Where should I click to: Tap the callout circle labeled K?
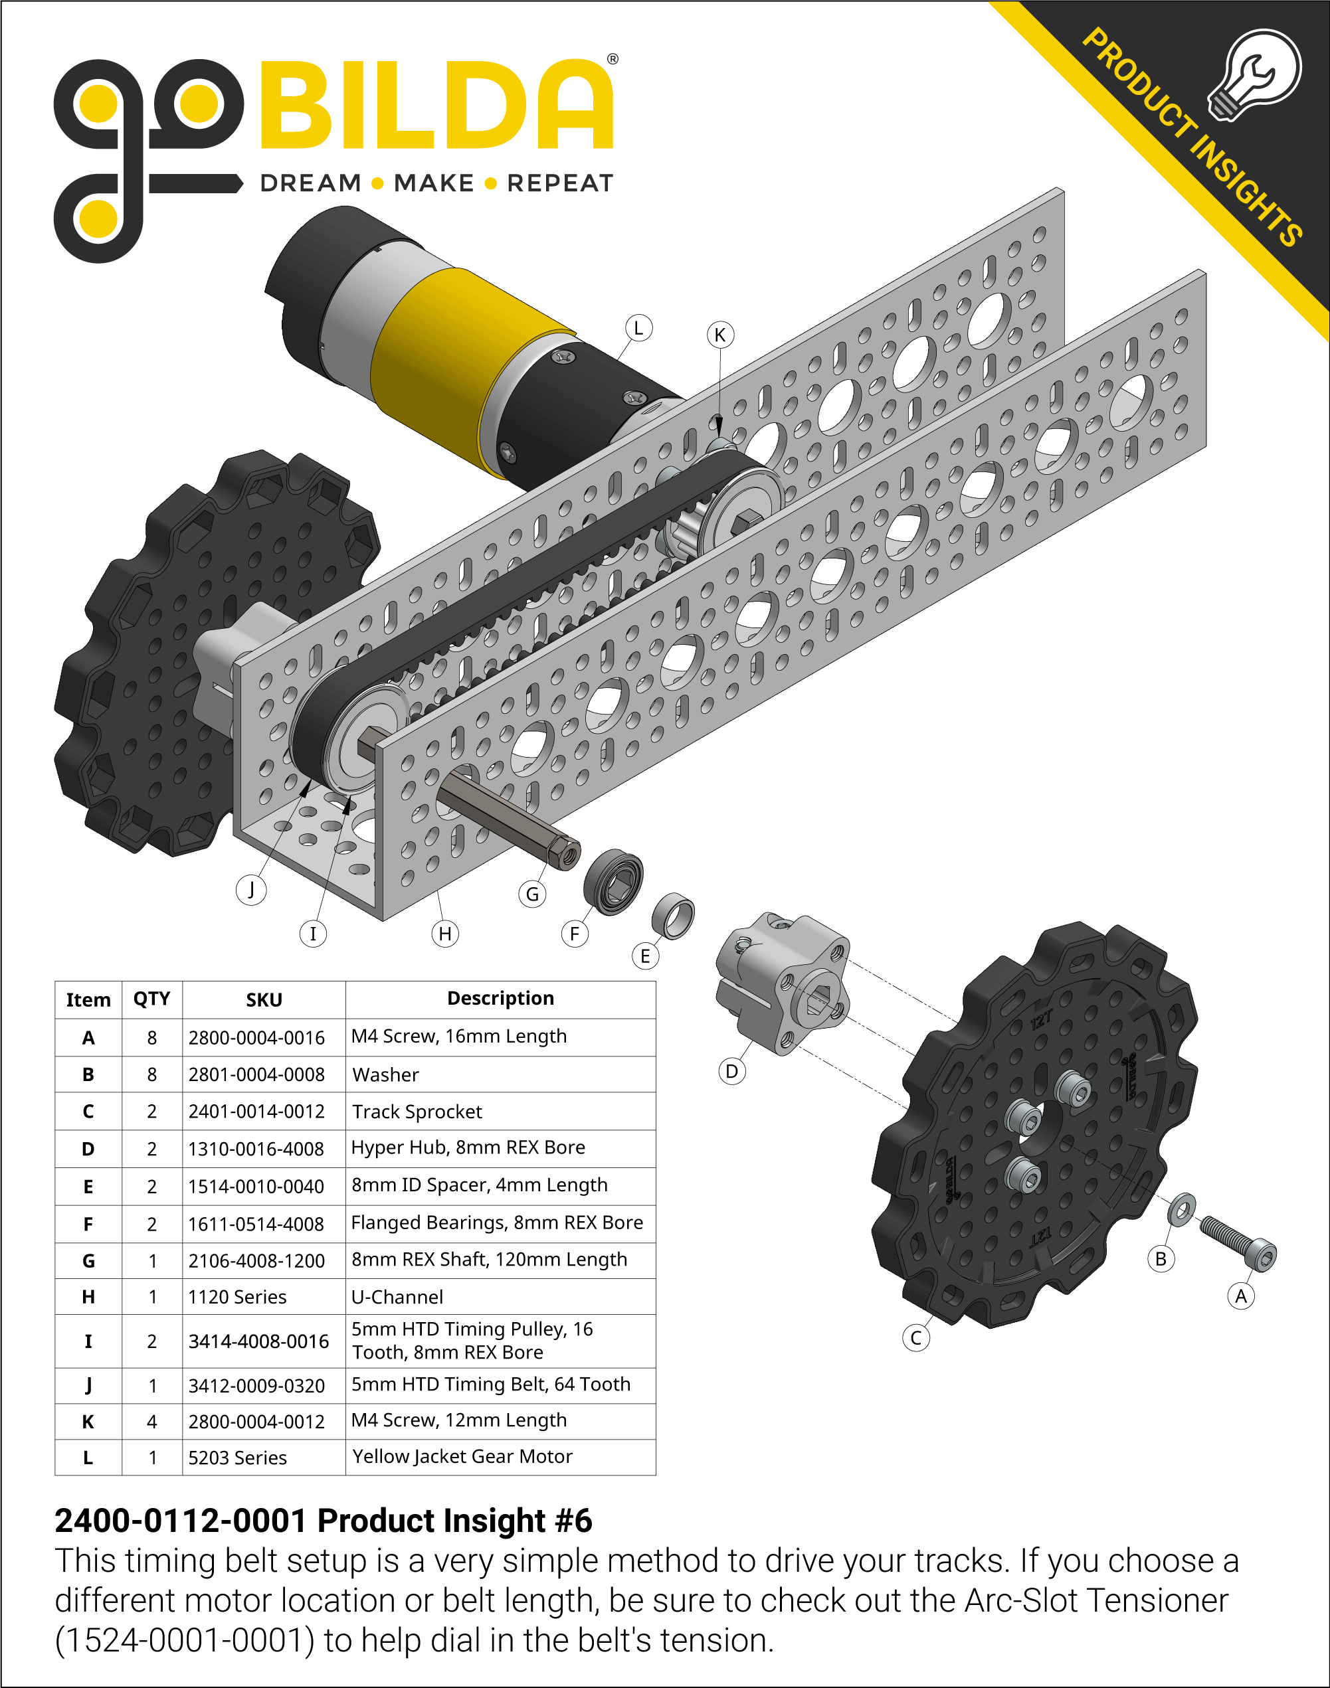pos(719,335)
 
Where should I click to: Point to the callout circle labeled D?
pos(731,1072)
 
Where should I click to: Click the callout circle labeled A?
pos(1240,1296)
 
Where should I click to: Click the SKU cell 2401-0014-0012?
pos(256,1112)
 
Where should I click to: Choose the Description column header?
pos(500,999)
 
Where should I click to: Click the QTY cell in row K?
pos(152,1422)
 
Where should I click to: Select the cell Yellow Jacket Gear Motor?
pos(462,1457)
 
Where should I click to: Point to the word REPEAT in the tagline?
pos(560,184)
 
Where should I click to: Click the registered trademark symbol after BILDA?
pos(613,59)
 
